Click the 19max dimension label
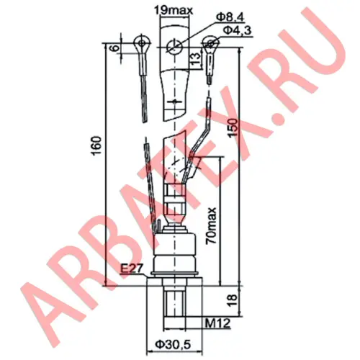pyautogui.click(x=171, y=11)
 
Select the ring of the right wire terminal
pyautogui.click(x=210, y=47)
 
